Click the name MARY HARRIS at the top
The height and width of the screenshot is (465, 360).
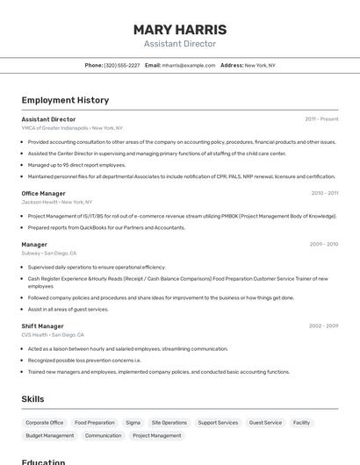click(179, 29)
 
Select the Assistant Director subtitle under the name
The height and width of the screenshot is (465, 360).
click(179, 44)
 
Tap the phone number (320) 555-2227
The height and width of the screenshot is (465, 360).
click(121, 65)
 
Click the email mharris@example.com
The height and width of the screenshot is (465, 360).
click(188, 65)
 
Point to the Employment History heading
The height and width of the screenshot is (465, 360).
click(65, 100)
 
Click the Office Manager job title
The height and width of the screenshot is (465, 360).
click(43, 193)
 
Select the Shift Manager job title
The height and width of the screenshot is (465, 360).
click(42, 326)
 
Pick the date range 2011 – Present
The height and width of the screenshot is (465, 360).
click(321, 119)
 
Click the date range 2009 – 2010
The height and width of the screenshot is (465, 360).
click(323, 244)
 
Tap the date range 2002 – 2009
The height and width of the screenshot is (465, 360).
click(323, 326)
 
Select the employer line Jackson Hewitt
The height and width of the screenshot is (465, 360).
click(40, 202)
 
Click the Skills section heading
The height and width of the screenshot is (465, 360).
click(32, 399)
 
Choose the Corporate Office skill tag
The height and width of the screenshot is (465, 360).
click(45, 423)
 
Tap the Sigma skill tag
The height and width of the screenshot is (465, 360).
click(133, 423)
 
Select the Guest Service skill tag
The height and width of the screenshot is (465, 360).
click(265, 423)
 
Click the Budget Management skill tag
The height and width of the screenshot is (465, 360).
click(50, 436)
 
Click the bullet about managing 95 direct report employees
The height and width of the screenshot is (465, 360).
click(76, 165)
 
